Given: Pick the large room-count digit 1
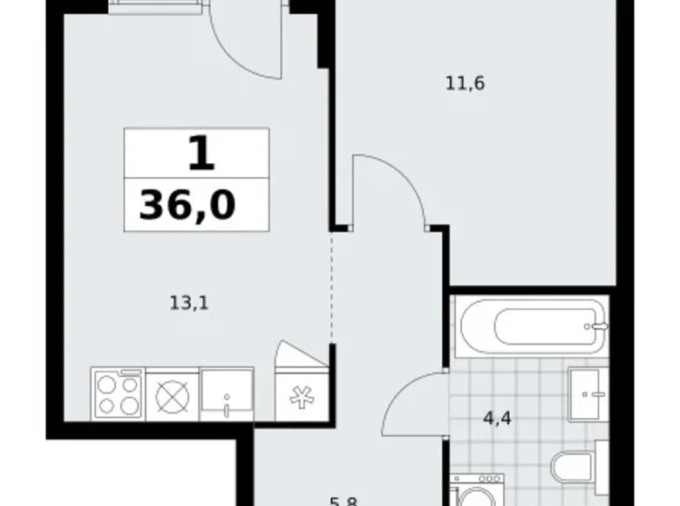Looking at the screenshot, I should [199, 154].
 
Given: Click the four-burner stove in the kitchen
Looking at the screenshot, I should [118, 393].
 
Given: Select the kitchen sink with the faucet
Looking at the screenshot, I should [226, 393].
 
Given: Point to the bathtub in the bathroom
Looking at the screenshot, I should [529, 327].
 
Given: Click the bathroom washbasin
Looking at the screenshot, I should [587, 393].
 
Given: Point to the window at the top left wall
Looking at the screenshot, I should [157, 7].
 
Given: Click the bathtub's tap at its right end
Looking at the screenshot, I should [597, 327].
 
